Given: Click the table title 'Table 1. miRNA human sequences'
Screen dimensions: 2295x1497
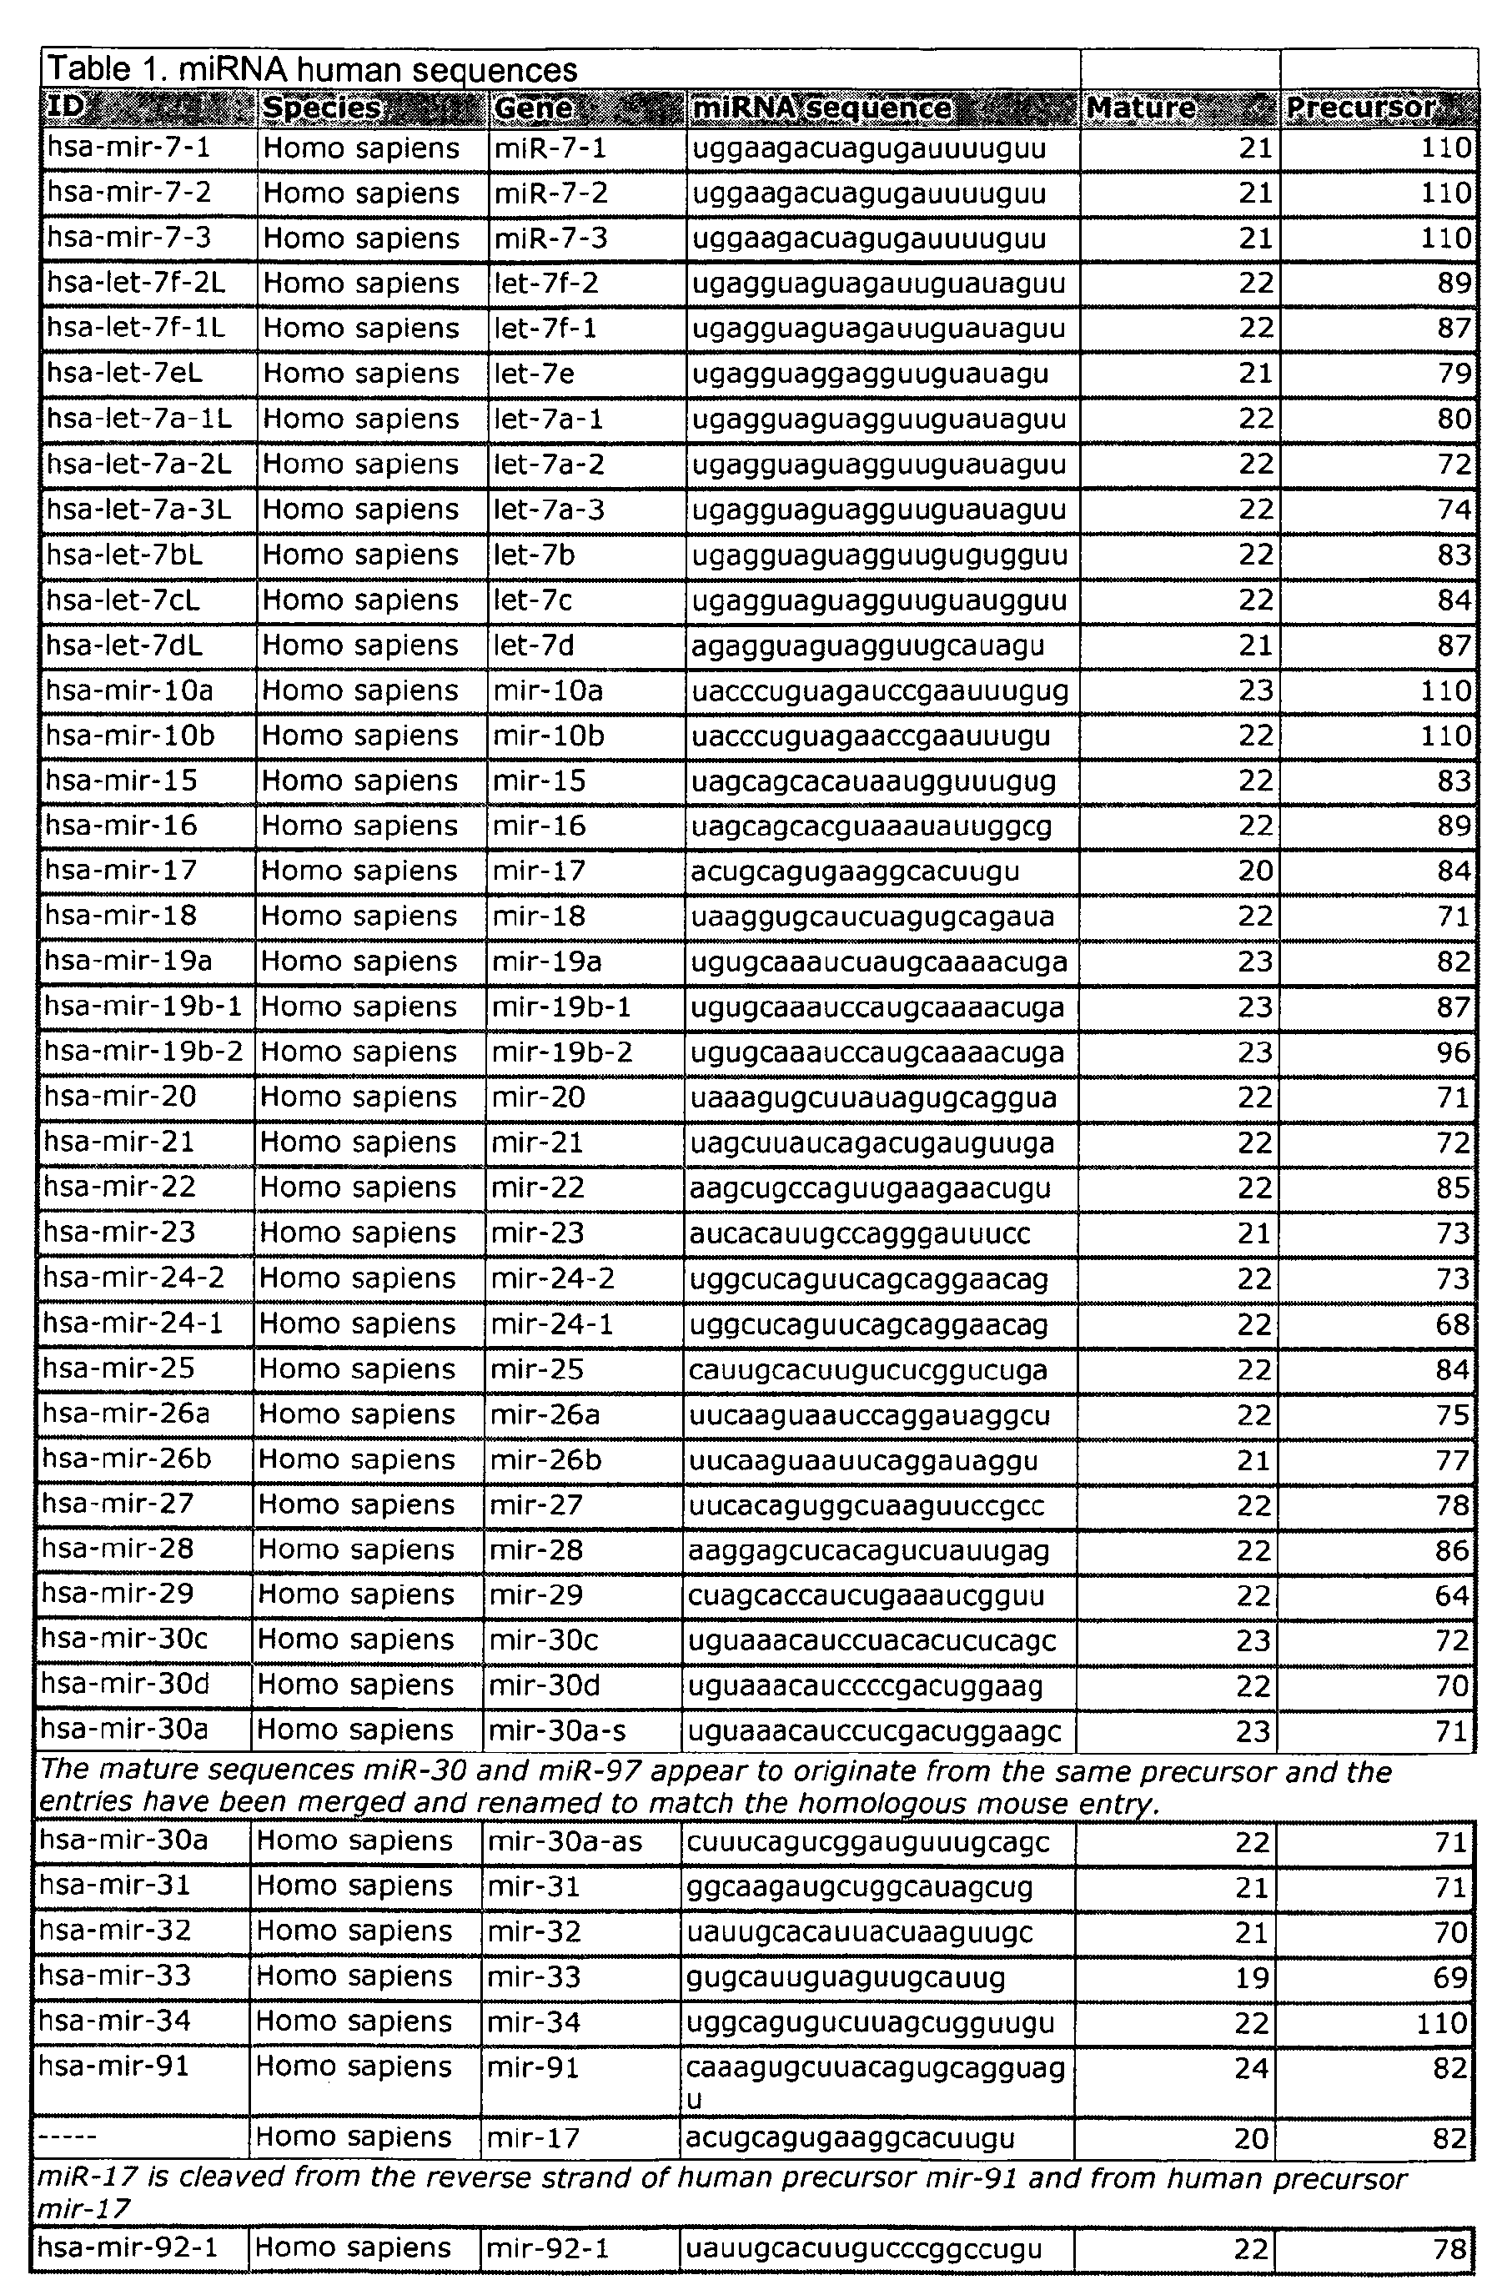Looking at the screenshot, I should (313, 69).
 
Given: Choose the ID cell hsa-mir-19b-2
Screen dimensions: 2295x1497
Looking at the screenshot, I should (143, 1051).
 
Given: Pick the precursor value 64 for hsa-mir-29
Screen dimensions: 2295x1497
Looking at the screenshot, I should (1452, 1596).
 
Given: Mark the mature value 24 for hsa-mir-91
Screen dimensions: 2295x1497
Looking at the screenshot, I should (1251, 2067).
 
